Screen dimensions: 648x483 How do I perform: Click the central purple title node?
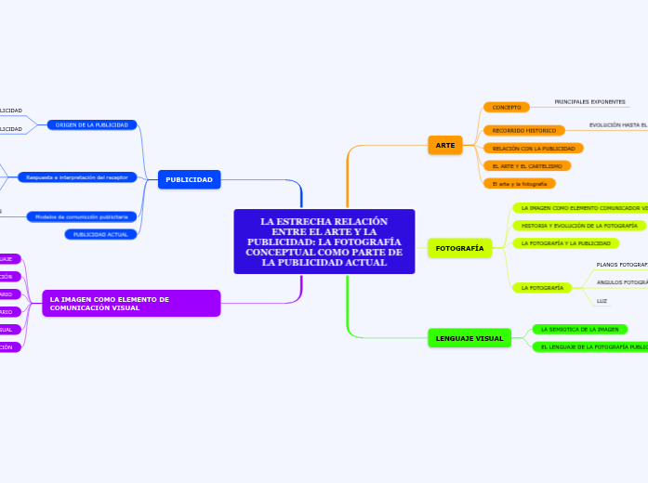click(324, 241)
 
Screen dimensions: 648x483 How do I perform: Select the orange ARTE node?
click(445, 145)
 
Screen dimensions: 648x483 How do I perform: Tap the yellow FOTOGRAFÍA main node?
click(459, 248)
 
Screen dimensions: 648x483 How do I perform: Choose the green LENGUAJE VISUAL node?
click(469, 338)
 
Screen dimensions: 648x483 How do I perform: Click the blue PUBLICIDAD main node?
click(189, 179)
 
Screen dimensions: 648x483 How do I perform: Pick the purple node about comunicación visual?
click(131, 303)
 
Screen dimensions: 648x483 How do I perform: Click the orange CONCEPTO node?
click(507, 107)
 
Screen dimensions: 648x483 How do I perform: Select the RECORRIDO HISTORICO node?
click(524, 131)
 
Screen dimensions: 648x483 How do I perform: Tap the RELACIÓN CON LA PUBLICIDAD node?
click(533, 148)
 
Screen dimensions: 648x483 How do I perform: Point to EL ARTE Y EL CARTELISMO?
click(527, 165)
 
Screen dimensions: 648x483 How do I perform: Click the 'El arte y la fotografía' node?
click(520, 184)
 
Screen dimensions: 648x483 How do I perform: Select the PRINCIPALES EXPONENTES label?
click(589, 101)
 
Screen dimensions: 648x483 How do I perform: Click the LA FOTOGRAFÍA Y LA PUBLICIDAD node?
click(565, 243)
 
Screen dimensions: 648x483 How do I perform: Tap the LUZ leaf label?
click(602, 301)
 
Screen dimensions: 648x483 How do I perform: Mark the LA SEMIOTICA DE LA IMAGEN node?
click(579, 329)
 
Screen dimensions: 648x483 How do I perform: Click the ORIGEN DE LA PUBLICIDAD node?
click(92, 124)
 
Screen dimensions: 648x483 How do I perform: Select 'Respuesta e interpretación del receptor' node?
click(77, 176)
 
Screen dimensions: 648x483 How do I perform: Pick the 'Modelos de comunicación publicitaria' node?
click(82, 216)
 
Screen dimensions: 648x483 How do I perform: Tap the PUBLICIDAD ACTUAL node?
click(100, 234)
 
